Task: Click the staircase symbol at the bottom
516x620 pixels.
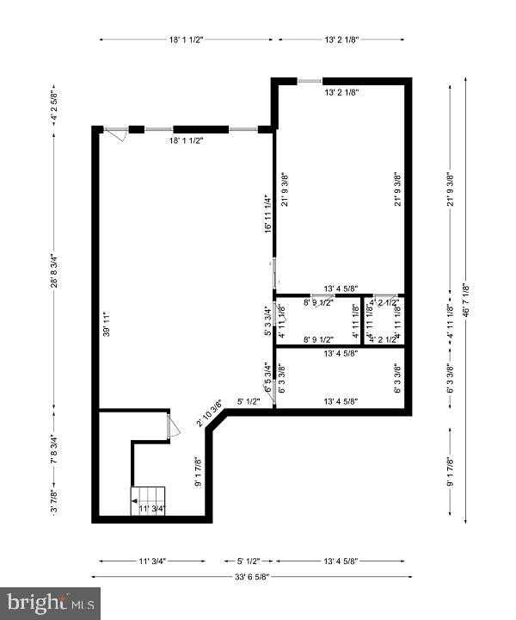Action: coord(148,496)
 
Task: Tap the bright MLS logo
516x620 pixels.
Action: coord(50,603)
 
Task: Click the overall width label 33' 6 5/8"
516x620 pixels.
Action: coord(258,576)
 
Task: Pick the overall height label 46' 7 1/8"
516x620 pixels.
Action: coord(465,301)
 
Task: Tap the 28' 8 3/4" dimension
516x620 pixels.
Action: coord(53,270)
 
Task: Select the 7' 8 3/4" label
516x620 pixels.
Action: coord(53,449)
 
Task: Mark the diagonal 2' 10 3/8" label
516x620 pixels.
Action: coord(210,412)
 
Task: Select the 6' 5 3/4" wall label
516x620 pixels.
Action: coord(267,376)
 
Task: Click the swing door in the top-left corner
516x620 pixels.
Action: coord(115,133)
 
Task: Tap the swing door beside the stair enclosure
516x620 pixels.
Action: coord(173,426)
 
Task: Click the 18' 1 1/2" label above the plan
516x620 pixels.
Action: coord(186,39)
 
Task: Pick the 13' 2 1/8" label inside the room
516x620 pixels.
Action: coord(341,91)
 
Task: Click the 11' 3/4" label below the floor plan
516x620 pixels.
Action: coord(151,561)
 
